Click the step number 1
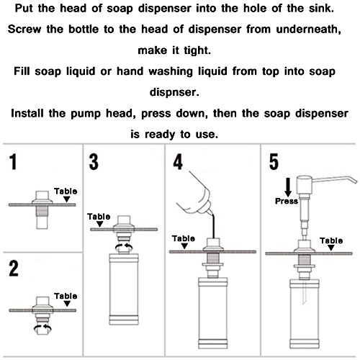point(14,162)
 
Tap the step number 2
point(14,268)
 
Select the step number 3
point(94,162)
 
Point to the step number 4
point(178,162)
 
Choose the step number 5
point(274,162)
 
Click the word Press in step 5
point(287,201)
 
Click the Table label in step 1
point(66,192)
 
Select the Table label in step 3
point(99,217)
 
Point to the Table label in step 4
point(184,238)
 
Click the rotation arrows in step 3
point(124,247)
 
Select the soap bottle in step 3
point(124,289)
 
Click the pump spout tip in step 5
point(355,181)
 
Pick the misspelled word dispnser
point(174,92)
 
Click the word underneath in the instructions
point(308,30)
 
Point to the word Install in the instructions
point(27,113)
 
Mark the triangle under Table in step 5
point(331,248)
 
